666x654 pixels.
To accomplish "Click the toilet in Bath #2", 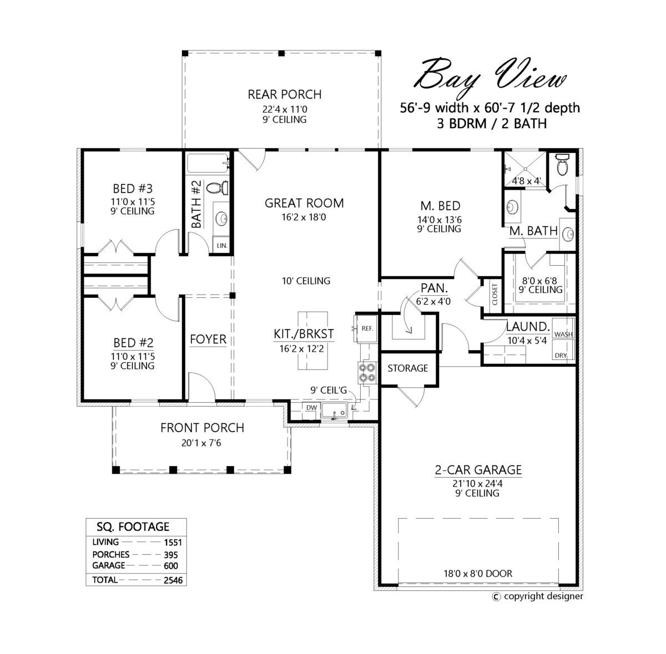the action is (x=218, y=188).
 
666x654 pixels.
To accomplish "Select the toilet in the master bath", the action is (x=562, y=165).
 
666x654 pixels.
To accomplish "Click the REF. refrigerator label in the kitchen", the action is (x=367, y=328).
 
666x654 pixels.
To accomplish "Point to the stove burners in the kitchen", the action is (x=367, y=372).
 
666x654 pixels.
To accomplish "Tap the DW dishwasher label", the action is (x=311, y=408).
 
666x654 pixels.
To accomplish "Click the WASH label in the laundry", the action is (x=563, y=334).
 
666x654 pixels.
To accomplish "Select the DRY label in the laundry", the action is (x=561, y=355).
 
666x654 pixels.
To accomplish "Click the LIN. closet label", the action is (x=222, y=246).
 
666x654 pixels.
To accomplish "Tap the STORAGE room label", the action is (x=407, y=368).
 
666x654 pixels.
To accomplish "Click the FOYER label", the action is (x=208, y=339).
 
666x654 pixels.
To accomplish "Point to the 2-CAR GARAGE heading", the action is (x=478, y=470).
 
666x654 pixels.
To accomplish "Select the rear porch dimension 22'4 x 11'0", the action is (x=285, y=109).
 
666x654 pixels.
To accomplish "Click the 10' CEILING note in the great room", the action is (x=306, y=281).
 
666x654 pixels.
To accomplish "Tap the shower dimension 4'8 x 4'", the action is (x=526, y=181).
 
